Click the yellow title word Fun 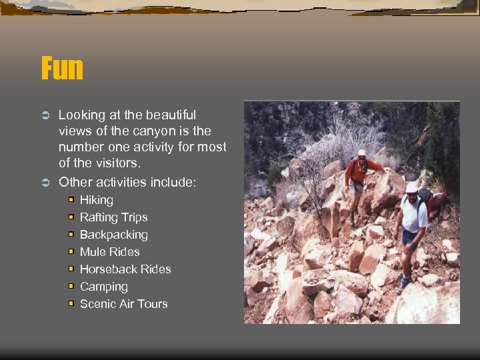[62, 69]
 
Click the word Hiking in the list [97, 200]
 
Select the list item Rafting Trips [113, 217]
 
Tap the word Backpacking [113, 235]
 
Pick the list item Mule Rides [109, 252]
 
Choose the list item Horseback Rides [125, 269]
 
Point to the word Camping [103, 287]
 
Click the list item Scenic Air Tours [123, 304]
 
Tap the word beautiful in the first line [169, 115]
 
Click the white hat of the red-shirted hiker [361, 153]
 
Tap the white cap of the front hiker [411, 187]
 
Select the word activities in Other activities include [124, 181]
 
